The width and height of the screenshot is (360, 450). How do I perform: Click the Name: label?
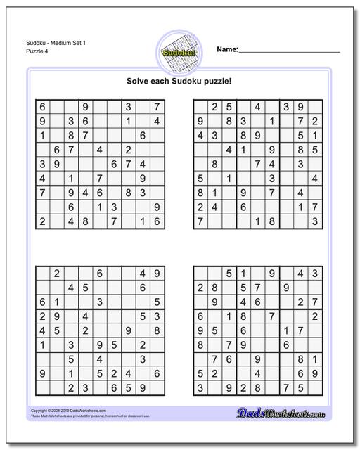[226, 50]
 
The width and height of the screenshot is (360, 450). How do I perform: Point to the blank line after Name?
[290, 51]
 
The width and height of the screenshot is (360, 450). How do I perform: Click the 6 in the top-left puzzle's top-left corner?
[42, 107]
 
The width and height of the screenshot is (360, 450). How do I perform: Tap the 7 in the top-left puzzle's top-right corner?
[157, 107]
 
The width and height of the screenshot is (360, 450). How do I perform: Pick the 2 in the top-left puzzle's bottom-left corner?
[42, 221]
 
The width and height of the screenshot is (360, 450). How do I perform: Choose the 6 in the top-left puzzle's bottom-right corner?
[157, 221]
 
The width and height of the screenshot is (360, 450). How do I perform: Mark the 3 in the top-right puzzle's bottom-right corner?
[315, 221]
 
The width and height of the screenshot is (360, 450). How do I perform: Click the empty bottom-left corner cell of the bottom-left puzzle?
[42, 387]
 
